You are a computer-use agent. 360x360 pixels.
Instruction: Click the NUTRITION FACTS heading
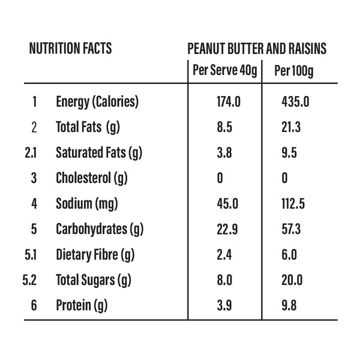click(70, 49)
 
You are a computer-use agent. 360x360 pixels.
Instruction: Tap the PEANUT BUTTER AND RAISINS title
click(256, 49)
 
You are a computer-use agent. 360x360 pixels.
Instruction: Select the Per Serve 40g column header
click(224, 71)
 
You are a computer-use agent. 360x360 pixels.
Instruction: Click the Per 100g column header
click(293, 71)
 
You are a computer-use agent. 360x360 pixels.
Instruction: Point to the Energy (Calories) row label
click(97, 102)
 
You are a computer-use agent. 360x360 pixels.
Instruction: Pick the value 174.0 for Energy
click(228, 102)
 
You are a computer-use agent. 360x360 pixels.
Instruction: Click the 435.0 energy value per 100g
click(295, 102)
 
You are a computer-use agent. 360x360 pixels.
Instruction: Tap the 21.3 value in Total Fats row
click(291, 127)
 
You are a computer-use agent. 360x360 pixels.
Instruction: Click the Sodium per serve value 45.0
click(227, 204)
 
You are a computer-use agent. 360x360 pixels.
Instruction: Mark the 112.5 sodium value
click(293, 204)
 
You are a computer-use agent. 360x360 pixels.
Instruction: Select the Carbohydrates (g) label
click(100, 229)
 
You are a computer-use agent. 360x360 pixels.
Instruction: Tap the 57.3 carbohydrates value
click(292, 229)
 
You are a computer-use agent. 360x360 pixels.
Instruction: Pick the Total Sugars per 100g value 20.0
click(292, 280)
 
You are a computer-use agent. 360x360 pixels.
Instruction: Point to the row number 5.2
click(32, 280)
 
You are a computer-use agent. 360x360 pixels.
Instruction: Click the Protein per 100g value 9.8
click(289, 306)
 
